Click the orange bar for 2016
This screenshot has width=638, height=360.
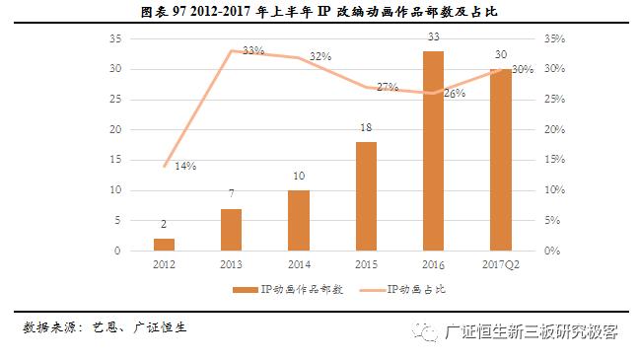click(x=434, y=151)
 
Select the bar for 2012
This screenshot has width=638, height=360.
click(x=164, y=245)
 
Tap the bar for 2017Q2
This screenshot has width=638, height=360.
click(x=501, y=160)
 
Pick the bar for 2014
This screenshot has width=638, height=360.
click(x=299, y=220)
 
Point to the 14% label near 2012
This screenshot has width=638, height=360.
click(x=185, y=166)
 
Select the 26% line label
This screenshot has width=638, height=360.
click(x=455, y=94)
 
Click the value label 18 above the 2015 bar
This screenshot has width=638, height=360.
click(x=366, y=129)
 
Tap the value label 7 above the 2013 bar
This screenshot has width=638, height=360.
click(x=231, y=195)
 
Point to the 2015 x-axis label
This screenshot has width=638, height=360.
click(x=366, y=265)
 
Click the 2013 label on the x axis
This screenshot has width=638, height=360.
click(x=231, y=265)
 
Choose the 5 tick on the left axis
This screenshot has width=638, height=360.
click(x=117, y=220)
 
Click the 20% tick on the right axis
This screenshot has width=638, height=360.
click(x=553, y=129)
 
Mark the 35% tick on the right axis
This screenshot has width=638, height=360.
click(x=553, y=38)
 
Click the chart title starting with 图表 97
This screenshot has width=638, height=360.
click(x=319, y=12)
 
